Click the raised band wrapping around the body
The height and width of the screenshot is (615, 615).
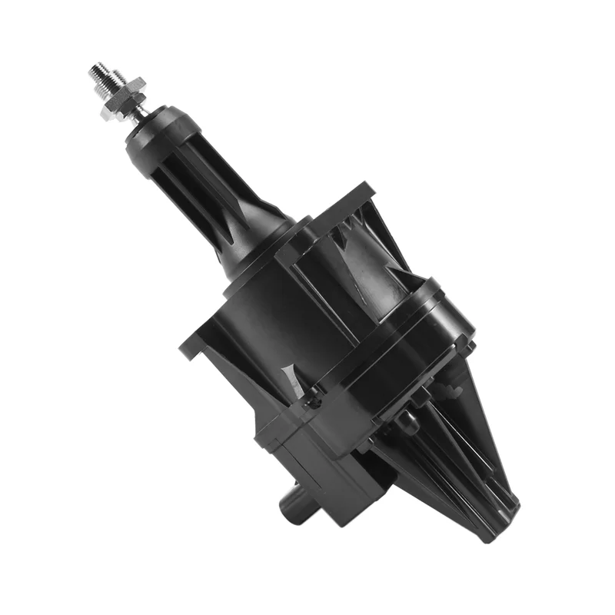pos(384,346)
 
